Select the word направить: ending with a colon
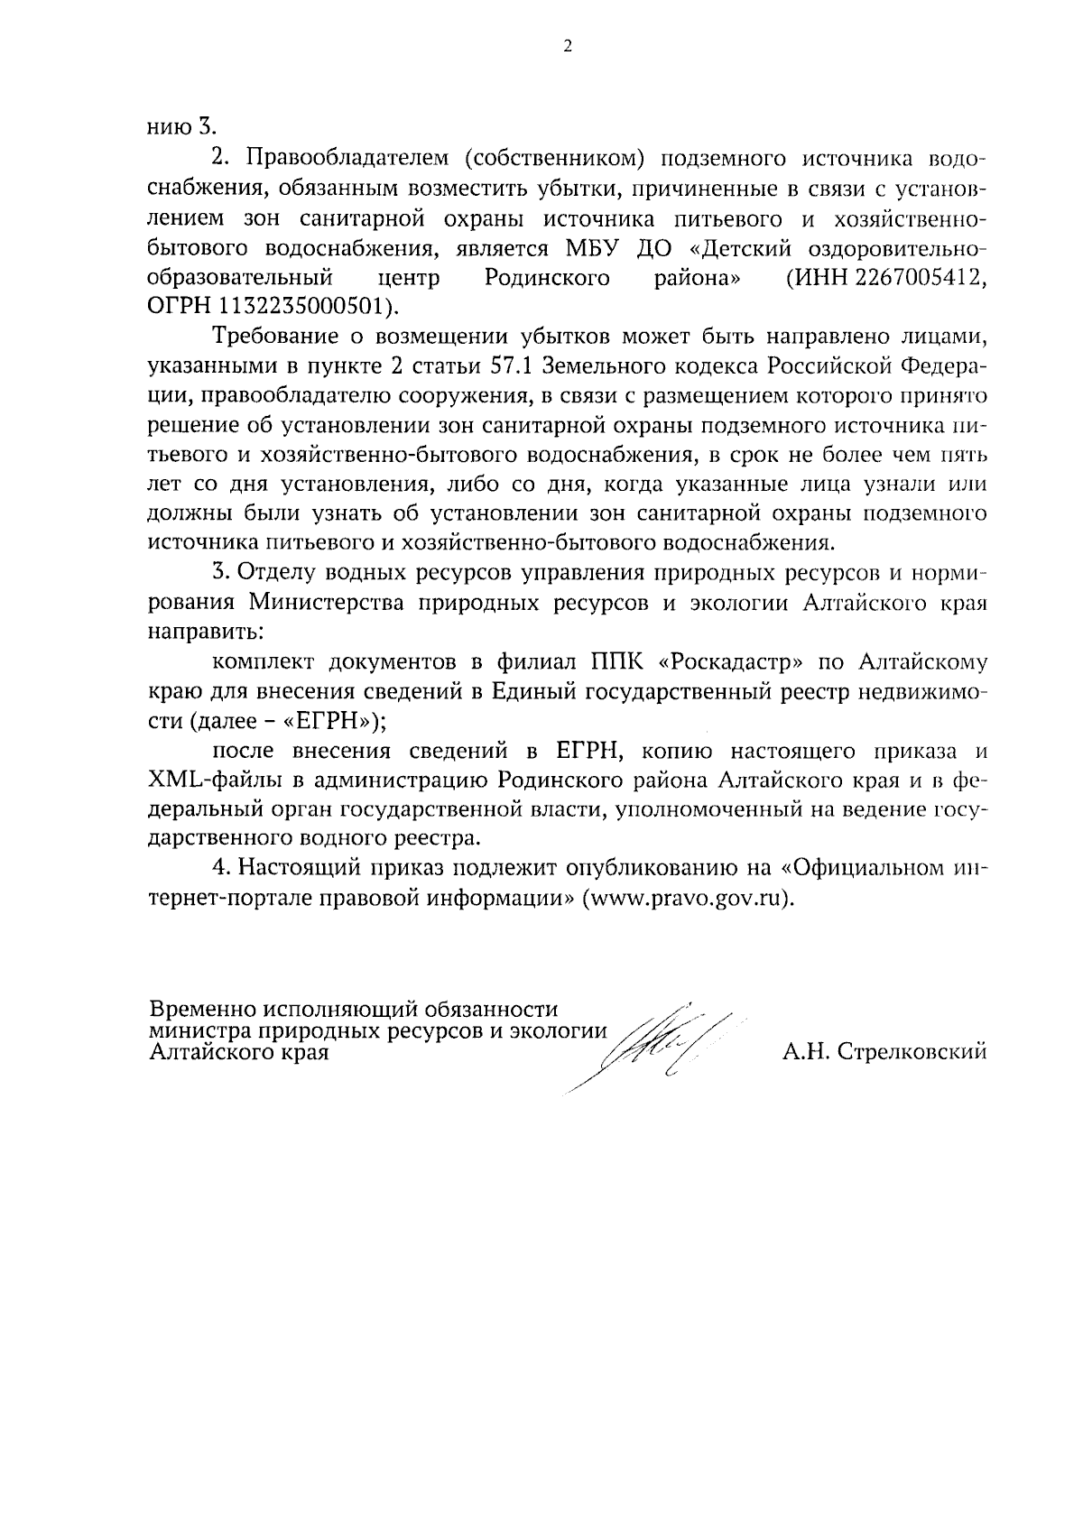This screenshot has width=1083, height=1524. tap(204, 632)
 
